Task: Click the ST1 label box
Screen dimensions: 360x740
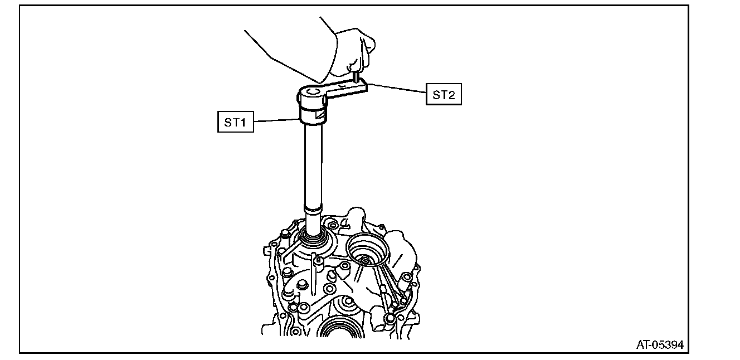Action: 235,122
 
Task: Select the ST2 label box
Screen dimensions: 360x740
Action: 444,94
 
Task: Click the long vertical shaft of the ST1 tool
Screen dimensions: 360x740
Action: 313,167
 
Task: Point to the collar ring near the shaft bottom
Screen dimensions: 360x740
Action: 313,210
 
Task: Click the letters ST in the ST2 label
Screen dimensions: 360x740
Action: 439,94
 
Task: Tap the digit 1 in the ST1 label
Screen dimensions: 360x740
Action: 242,122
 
